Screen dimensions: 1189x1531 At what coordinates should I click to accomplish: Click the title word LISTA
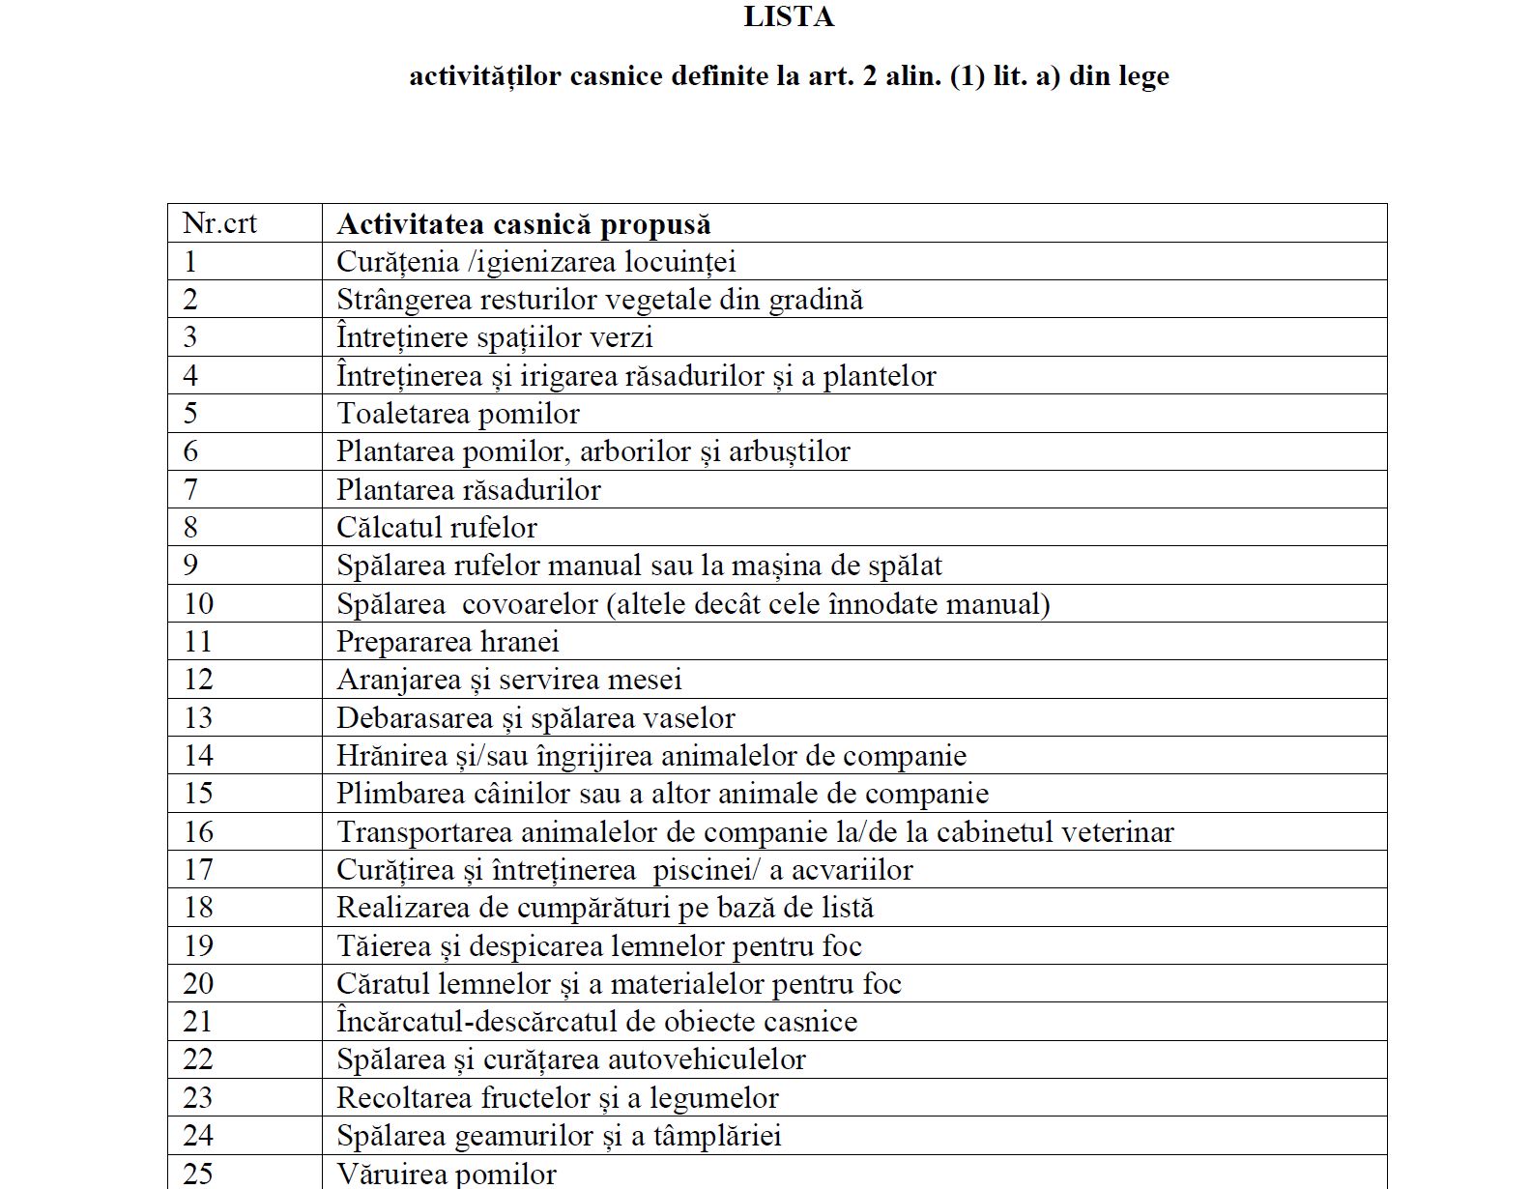(x=789, y=17)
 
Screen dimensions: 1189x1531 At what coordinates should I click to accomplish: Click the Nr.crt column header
(x=219, y=223)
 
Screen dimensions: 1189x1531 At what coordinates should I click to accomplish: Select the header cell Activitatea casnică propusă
(x=523, y=224)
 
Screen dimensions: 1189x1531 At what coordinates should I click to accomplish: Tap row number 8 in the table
(x=190, y=527)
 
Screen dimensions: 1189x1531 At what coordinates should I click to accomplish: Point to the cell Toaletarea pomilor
(x=458, y=414)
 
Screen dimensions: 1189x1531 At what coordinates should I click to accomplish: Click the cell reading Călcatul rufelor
(x=436, y=527)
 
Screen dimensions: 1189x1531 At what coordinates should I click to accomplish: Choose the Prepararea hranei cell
(x=448, y=641)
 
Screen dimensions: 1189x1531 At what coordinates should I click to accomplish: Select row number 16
(x=198, y=831)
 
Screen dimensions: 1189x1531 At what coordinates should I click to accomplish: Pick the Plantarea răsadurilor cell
(x=468, y=489)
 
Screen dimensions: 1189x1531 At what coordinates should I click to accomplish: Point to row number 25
(x=198, y=1173)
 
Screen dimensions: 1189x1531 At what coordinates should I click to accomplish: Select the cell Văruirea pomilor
(x=447, y=1174)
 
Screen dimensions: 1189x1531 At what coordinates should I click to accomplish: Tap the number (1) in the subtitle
(x=968, y=75)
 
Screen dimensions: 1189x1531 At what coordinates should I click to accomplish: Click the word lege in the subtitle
(x=1143, y=76)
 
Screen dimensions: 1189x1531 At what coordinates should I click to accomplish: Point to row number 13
(x=198, y=717)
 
